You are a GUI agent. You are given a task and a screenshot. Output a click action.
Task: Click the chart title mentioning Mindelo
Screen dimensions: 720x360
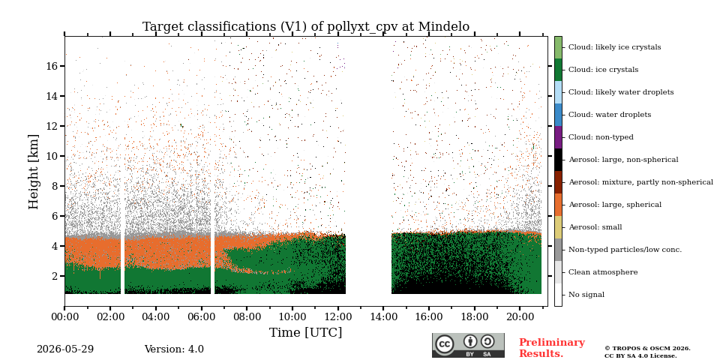pyautogui.click(x=306, y=27)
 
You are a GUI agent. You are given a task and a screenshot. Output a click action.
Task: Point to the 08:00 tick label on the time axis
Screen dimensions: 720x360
pyautogui.click(x=247, y=316)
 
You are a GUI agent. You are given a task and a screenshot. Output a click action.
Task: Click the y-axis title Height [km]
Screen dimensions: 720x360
pyautogui.click(x=34, y=172)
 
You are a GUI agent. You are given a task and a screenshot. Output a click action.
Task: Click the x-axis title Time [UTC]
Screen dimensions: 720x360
pyautogui.click(x=305, y=332)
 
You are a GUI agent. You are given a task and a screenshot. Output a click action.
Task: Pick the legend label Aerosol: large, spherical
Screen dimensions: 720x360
pyautogui.click(x=615, y=205)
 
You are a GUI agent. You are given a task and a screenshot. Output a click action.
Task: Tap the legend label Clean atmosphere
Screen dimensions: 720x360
pyautogui.click(x=603, y=272)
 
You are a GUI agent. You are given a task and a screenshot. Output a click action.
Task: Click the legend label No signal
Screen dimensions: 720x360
pyautogui.click(x=586, y=295)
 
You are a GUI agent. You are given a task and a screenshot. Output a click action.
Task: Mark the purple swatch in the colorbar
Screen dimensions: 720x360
pyautogui.click(x=558, y=137)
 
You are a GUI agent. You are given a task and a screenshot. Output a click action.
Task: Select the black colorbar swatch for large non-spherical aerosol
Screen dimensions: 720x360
pyautogui.click(x=558, y=160)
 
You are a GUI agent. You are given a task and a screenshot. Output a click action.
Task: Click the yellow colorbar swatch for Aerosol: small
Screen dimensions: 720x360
pyautogui.click(x=558, y=227)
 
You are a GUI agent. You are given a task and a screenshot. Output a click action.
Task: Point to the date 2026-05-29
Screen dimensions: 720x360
pyautogui.click(x=65, y=349)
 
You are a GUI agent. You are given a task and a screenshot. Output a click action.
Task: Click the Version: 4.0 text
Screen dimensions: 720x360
pyautogui.click(x=174, y=349)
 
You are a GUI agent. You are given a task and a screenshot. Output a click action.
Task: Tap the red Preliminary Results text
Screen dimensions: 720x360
pyautogui.click(x=552, y=347)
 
